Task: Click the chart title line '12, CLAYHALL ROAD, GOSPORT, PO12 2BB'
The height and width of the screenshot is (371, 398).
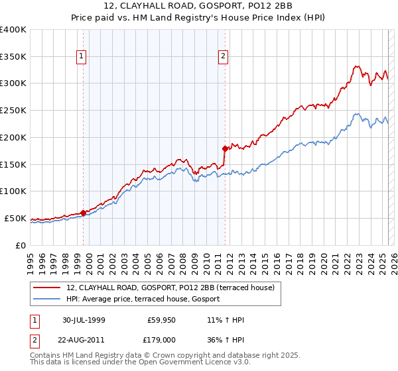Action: click(198, 8)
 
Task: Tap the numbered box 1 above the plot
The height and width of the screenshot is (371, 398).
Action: click(81, 57)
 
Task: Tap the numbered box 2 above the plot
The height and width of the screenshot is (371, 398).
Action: click(224, 57)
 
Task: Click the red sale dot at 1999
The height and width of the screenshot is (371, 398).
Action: click(84, 213)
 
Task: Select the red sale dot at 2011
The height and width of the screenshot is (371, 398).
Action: click(225, 148)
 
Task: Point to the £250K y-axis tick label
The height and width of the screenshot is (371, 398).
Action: click(13, 110)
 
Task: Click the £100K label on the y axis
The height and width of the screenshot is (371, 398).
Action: click(13, 191)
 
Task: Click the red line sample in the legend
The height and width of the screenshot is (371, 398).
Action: click(46, 288)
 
